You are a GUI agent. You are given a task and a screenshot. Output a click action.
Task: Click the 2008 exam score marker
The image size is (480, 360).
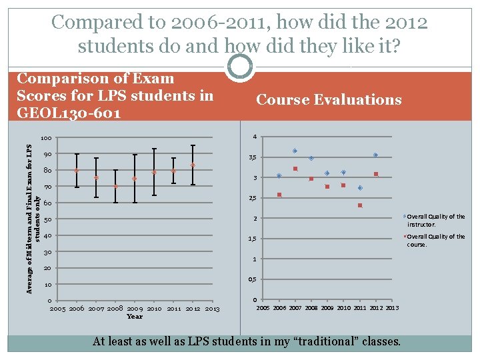[115, 187]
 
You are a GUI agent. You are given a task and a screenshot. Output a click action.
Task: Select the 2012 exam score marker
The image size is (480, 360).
[193, 165]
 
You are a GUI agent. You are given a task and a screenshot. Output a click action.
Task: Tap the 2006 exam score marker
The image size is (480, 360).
[77, 171]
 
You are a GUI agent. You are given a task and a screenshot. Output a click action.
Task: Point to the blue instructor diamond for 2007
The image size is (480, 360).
[295, 151]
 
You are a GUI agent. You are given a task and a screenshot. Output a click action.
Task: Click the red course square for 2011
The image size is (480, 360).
[359, 205]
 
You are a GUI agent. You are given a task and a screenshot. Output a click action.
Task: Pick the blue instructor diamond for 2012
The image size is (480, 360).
[375, 155]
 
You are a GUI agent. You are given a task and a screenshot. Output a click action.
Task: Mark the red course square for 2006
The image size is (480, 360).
[279, 195]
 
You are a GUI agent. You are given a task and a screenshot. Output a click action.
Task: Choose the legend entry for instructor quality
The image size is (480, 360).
[435, 220]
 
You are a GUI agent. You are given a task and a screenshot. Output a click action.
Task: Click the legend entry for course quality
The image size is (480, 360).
[435, 240]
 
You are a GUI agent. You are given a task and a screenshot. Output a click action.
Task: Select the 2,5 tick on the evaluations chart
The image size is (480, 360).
[253, 199]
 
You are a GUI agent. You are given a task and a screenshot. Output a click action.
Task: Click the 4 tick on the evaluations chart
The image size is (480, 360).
[254, 137]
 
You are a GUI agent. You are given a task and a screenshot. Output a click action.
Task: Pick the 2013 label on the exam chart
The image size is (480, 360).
[213, 309]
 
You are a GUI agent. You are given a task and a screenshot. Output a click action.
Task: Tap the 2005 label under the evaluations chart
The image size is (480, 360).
[264, 308]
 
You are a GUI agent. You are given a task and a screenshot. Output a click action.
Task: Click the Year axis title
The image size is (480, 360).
[135, 317]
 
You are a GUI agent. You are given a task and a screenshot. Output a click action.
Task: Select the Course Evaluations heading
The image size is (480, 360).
[329, 100]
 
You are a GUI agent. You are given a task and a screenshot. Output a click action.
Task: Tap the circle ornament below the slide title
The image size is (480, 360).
[240, 67]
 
